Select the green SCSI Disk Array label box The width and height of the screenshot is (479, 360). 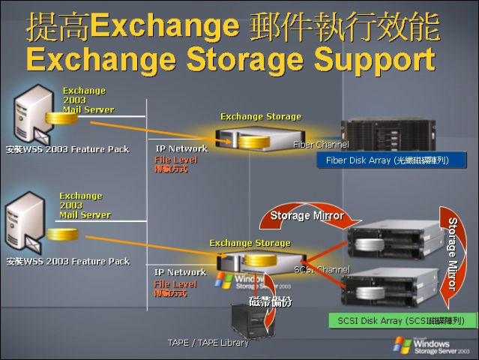pyautogui.click(x=402, y=321)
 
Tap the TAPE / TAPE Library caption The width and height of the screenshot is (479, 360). pyautogui.click(x=208, y=343)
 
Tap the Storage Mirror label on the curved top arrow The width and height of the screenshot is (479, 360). pyautogui.click(x=307, y=216)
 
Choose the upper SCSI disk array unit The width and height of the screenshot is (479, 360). pyautogui.click(x=391, y=242)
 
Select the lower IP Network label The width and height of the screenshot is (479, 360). pyautogui.click(x=180, y=272)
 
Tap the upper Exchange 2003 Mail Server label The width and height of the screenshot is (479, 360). pyautogui.click(x=88, y=100)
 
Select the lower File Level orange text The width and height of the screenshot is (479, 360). pyautogui.click(x=175, y=284)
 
